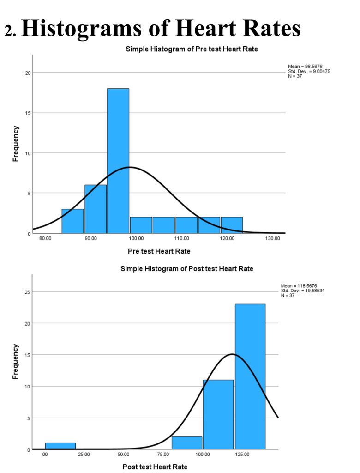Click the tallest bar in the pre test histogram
118,161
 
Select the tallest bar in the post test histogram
250,376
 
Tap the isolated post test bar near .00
60,446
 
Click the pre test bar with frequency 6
96,209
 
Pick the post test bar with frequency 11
218,414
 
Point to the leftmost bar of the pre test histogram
72,221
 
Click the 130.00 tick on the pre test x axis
273,238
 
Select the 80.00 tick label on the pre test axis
45,238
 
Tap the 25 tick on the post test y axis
27,292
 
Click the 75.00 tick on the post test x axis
163,455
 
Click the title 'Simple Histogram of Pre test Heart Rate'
192,49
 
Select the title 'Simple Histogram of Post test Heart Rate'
187,268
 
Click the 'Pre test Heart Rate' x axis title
159,251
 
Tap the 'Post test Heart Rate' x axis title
155,467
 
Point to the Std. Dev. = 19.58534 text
303,291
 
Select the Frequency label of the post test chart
16,362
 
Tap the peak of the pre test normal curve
130,167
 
